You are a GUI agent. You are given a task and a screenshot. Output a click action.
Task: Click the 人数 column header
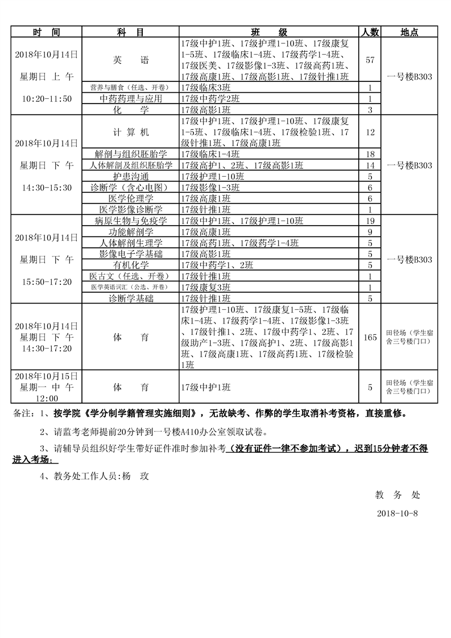point(370,32)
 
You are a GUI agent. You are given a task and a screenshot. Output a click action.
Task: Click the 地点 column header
point(409,32)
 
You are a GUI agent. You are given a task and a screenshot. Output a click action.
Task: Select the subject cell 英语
point(131,59)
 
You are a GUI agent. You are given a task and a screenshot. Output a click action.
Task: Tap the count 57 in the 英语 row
point(370,59)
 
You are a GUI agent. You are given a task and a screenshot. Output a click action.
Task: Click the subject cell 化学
point(131,109)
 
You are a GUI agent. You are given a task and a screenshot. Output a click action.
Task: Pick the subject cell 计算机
point(131,132)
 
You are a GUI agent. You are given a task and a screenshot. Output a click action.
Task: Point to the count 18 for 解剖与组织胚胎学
point(370,154)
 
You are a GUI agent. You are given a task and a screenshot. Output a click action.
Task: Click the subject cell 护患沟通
point(131,176)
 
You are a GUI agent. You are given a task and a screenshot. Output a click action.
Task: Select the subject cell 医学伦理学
point(131,198)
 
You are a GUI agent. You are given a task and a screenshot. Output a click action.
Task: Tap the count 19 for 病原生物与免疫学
point(370,221)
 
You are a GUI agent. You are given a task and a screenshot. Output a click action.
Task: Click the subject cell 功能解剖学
point(131,232)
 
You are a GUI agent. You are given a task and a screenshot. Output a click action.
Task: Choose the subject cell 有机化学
point(131,265)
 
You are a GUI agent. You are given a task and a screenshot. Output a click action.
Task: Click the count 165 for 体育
point(370,337)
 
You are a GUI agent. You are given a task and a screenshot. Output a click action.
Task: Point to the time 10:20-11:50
point(47,99)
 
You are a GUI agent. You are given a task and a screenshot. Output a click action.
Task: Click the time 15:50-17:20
point(47,281)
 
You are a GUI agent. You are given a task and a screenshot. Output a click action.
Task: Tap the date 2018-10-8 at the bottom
point(398,513)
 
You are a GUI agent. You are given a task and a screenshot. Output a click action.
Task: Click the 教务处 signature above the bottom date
point(398,495)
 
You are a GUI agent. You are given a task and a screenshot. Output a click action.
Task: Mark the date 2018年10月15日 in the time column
point(47,376)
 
